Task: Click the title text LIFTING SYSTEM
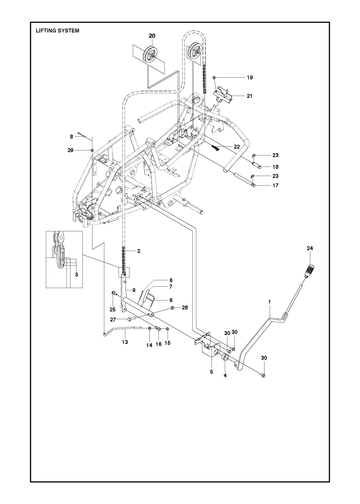(58, 31)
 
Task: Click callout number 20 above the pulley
(152, 36)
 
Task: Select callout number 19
(250, 77)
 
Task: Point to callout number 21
(250, 96)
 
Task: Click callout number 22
(237, 147)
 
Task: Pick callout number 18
(275, 167)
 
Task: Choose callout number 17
(275, 185)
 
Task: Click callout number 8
(71, 136)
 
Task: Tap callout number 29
(70, 150)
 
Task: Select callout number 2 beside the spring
(139, 251)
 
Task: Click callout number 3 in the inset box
(76, 275)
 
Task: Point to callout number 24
(310, 248)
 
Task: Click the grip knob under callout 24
(310, 267)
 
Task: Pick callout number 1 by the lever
(270, 302)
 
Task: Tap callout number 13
(125, 342)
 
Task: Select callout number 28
(185, 307)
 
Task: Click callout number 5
(211, 372)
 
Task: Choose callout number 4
(225, 375)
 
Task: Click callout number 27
(113, 319)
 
